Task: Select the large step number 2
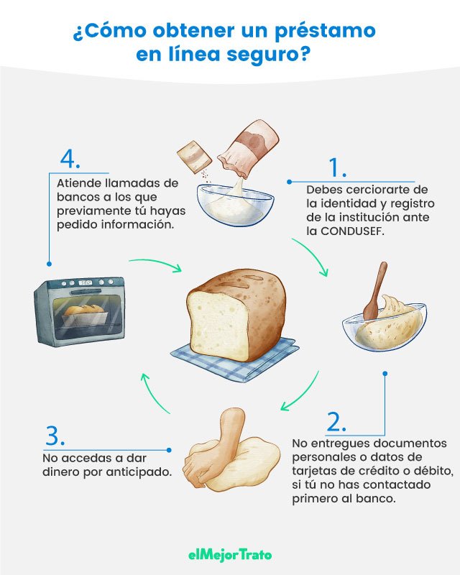click(x=337, y=421)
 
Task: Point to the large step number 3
click(x=55, y=436)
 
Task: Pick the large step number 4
click(x=70, y=157)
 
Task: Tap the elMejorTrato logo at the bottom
click(x=229, y=553)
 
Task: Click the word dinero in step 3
click(x=64, y=472)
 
